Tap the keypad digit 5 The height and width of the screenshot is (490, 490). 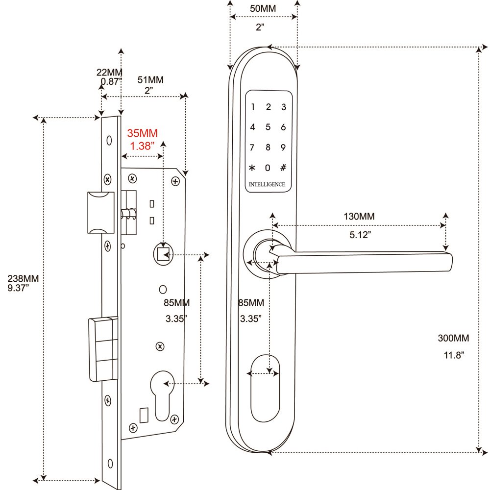[x=268, y=127]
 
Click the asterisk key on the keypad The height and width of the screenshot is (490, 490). [x=252, y=168]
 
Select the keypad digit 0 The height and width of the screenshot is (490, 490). [x=268, y=168]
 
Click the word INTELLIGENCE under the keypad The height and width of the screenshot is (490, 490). [x=267, y=184]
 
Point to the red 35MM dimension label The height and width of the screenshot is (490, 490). [x=142, y=133]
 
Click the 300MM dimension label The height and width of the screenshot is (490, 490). [x=453, y=338]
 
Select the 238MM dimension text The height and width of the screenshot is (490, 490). [x=23, y=278]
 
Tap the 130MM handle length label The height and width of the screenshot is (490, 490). [x=359, y=216]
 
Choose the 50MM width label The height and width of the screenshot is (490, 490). [x=263, y=8]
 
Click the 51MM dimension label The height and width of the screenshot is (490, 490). [x=150, y=80]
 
